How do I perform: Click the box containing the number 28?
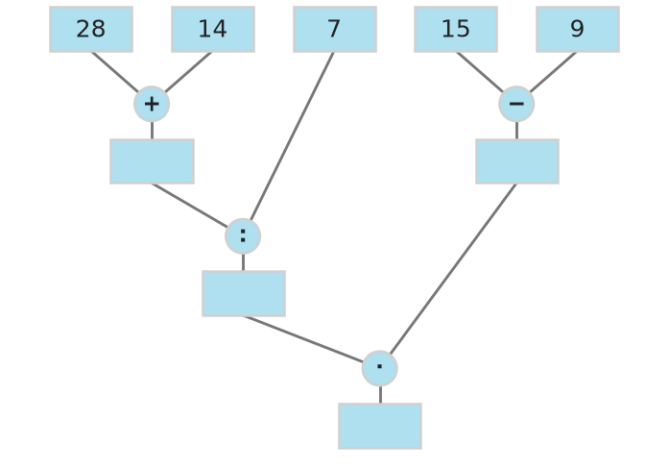(x=91, y=29)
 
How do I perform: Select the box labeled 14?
(x=213, y=29)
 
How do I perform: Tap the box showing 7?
(x=335, y=29)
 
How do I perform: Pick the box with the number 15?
(x=456, y=29)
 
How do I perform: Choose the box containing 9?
(x=578, y=29)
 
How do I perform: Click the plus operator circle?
(x=152, y=104)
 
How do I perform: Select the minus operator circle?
(x=516, y=104)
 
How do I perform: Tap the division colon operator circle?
(x=243, y=236)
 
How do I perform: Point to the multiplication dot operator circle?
(x=380, y=368)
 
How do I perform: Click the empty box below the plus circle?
(x=153, y=161)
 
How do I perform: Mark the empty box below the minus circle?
(x=517, y=161)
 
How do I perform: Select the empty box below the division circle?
(x=244, y=294)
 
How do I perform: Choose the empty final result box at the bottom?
(x=380, y=426)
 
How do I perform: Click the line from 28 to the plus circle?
(x=115, y=72)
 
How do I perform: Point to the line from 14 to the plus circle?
(x=188, y=72)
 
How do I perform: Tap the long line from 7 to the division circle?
(x=292, y=136)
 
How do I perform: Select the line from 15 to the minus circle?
(x=480, y=72)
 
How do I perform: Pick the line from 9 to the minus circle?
(x=553, y=72)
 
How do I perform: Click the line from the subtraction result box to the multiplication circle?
(x=452, y=269)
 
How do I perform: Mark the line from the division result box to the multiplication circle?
(x=303, y=339)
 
